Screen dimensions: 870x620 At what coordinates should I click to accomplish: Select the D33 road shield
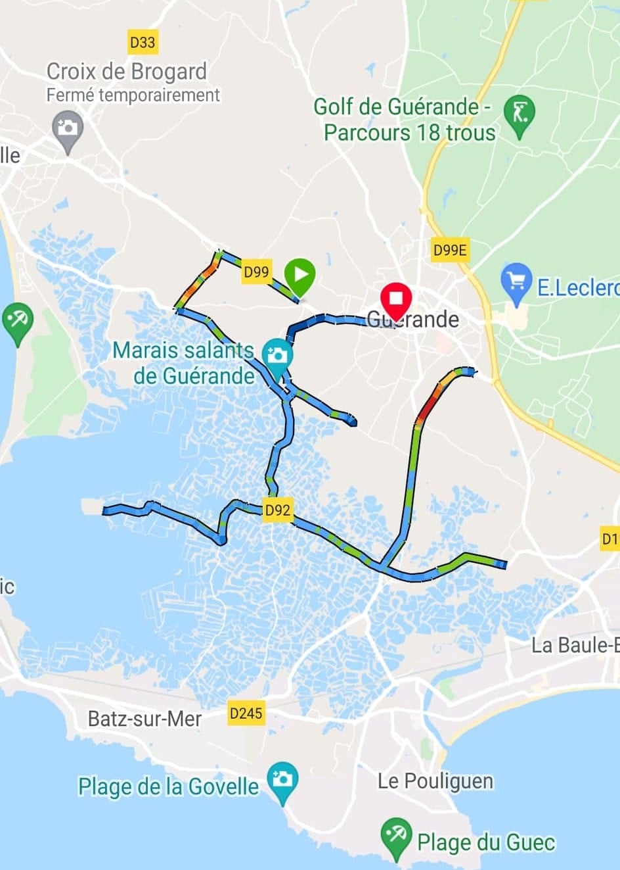[x=143, y=43]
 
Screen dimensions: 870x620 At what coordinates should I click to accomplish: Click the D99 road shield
[x=256, y=272]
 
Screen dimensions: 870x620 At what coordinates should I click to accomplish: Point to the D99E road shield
[x=450, y=250]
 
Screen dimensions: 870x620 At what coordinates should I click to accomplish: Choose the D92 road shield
[x=277, y=510]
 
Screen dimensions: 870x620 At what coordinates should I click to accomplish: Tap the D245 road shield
[x=246, y=713]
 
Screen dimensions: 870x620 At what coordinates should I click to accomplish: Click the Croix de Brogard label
[x=127, y=71]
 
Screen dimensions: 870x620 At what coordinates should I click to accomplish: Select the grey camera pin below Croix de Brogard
[x=68, y=128]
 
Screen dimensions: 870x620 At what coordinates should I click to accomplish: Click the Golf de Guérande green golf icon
[x=520, y=114]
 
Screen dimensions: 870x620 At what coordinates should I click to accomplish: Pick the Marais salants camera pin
[x=277, y=356]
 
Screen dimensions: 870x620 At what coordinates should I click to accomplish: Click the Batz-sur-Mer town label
[x=144, y=719]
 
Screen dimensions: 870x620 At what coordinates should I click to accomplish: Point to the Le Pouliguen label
[x=435, y=781]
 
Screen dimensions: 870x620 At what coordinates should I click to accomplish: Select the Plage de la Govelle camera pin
[x=282, y=781]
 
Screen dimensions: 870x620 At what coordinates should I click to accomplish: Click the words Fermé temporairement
[x=133, y=95]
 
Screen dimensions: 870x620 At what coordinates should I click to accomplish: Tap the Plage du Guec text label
[x=486, y=842]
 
